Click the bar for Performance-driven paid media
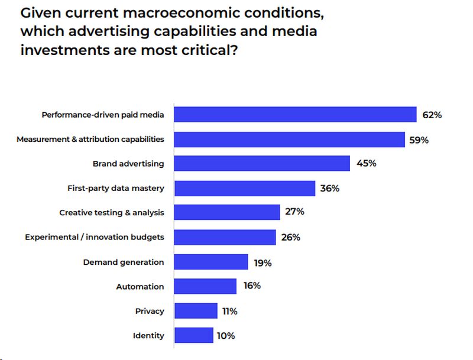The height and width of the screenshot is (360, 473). coord(296,115)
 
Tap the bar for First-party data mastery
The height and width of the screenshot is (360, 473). coord(244,188)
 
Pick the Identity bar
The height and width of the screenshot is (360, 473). coord(193,335)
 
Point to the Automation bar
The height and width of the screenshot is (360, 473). coord(205,286)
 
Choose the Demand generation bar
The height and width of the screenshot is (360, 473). coord(211,262)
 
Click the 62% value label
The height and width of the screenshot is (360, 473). coord(432,115)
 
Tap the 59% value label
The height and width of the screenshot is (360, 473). coord(419,140)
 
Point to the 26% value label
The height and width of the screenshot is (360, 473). coord(290,237)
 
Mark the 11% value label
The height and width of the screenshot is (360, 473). coord(229,311)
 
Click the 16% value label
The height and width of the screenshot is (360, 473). coord(251,286)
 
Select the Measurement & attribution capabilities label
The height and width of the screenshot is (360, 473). coord(90,140)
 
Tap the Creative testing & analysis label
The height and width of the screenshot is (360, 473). coord(112,213)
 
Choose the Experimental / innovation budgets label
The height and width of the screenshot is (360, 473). coord(95,237)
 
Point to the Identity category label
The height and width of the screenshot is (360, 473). coord(148,335)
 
